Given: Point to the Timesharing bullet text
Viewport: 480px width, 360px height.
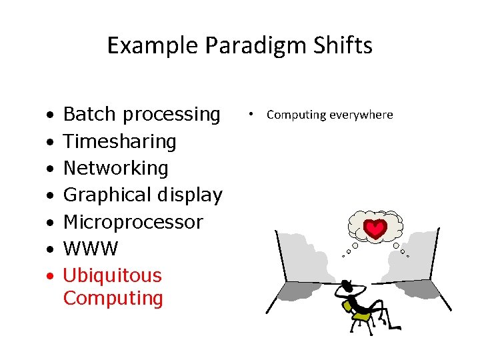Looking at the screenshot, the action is [119, 141].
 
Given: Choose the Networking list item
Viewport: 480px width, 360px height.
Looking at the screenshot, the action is [115, 168].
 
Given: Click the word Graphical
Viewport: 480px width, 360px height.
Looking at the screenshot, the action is [107, 195].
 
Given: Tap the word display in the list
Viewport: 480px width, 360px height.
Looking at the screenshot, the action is [189, 195].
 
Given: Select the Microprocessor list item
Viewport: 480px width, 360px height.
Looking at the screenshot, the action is [133, 222].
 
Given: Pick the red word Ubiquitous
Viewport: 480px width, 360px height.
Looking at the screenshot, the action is [112, 275].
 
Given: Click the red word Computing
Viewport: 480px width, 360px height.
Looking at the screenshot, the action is [113, 298].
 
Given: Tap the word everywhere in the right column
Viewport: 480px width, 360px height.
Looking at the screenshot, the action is [363, 115].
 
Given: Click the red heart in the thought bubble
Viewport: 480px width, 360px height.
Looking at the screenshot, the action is [377, 229].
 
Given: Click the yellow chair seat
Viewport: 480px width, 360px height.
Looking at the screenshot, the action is [362, 317].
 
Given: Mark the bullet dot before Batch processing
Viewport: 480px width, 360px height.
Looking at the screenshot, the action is [51, 115].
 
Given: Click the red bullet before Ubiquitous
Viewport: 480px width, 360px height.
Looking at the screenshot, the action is [51, 276].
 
